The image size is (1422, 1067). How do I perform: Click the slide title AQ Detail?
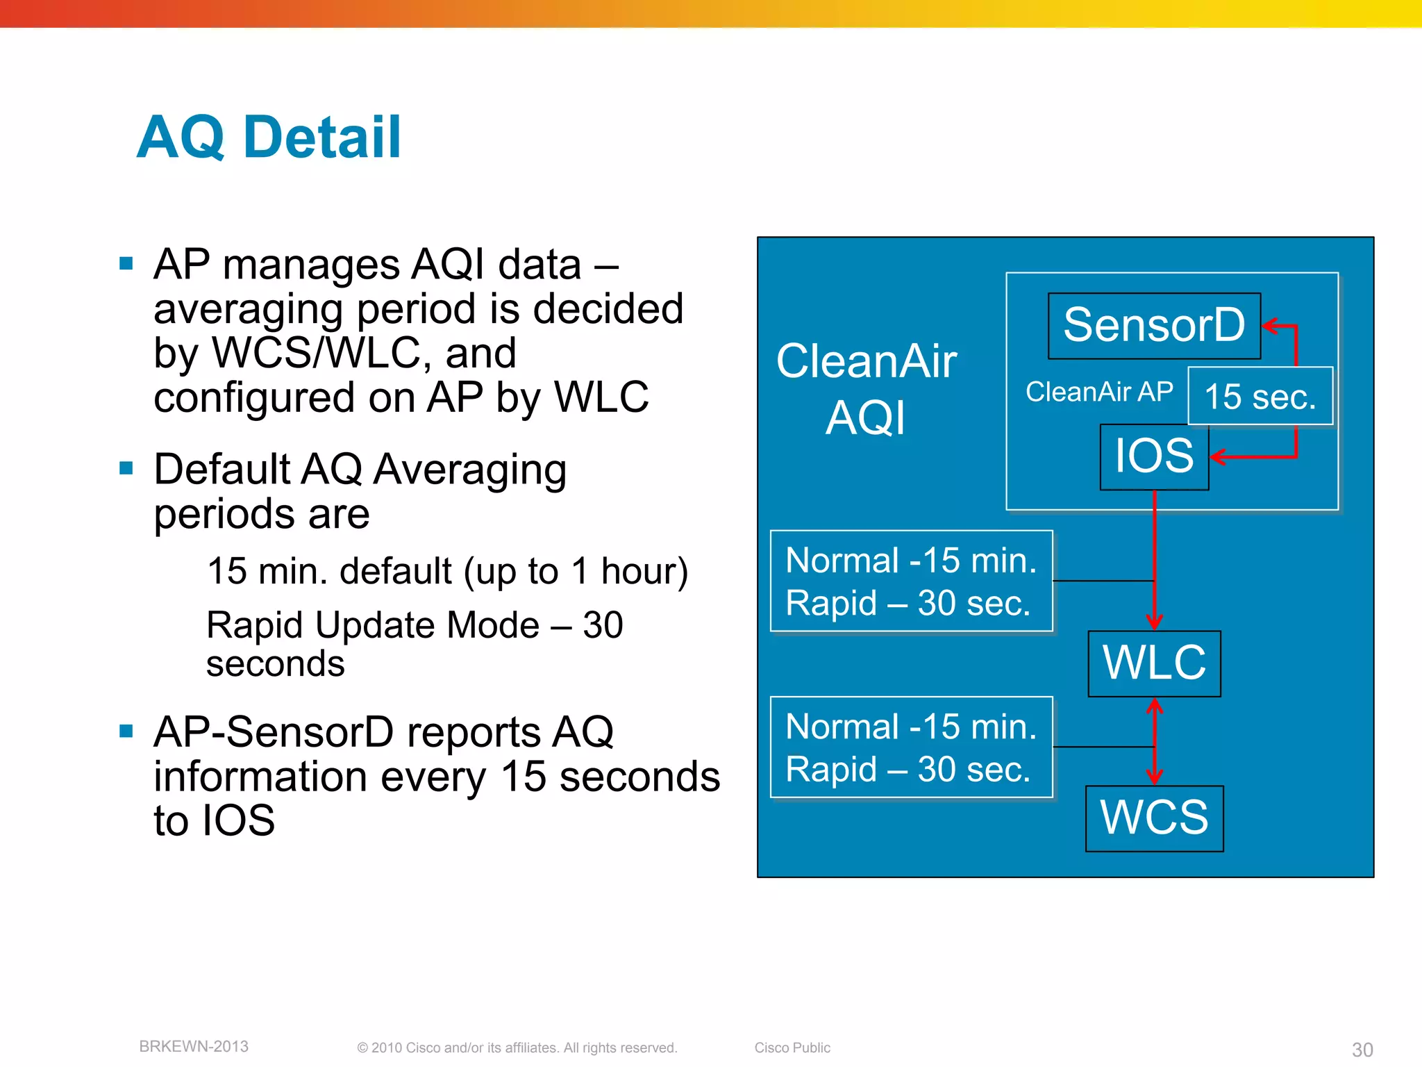[269, 137]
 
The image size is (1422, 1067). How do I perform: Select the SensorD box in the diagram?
[1153, 325]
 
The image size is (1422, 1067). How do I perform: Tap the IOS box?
[1154, 456]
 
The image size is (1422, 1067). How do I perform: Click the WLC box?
[1154, 663]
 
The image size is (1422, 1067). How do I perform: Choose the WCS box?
[1154, 818]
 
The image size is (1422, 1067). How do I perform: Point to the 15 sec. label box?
[1260, 396]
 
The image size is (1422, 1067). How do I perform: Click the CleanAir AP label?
[1099, 392]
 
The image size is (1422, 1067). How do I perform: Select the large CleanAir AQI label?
[866, 389]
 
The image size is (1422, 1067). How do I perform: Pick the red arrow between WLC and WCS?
[1154, 741]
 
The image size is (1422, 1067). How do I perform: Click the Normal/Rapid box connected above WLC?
[911, 581]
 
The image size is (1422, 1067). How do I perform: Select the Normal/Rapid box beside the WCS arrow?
[911, 747]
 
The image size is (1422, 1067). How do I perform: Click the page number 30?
[1362, 1049]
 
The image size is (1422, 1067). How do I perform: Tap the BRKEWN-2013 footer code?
[194, 1046]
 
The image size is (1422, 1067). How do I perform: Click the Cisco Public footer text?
[792, 1048]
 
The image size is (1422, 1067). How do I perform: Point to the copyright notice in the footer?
[517, 1048]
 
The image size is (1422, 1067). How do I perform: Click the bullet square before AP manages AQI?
[126, 263]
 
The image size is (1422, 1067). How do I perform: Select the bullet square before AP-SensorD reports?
[126, 731]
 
